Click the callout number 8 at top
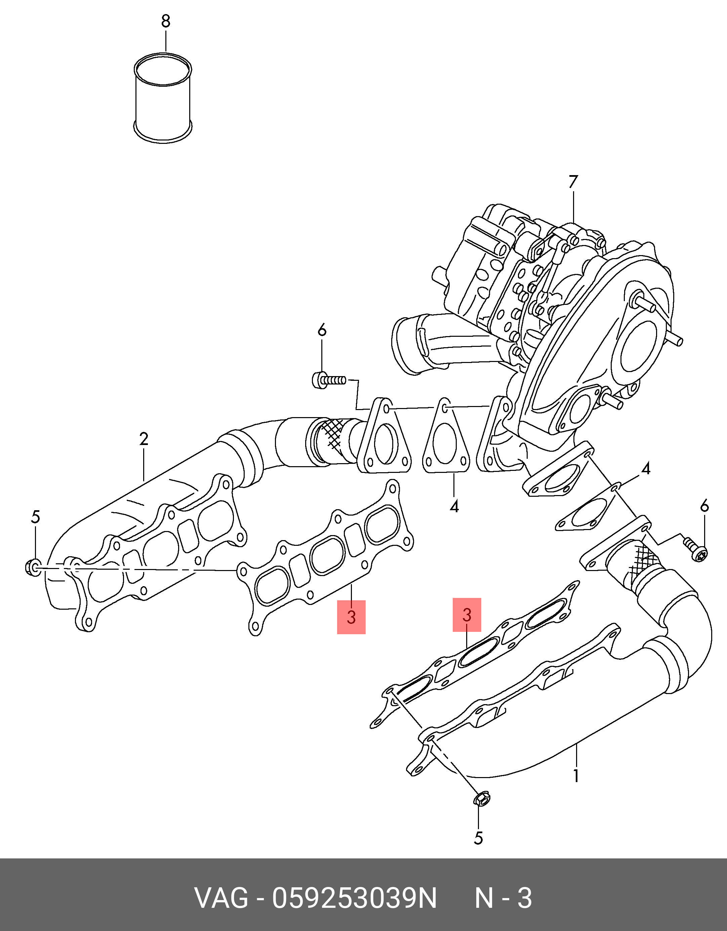point(166,21)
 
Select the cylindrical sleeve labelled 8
point(163,97)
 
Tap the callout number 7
point(573,182)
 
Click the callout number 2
point(144,439)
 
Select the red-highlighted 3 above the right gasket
point(467,615)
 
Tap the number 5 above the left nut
point(35,517)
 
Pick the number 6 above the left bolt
point(322,330)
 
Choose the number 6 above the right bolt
point(704,507)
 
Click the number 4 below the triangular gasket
point(454,507)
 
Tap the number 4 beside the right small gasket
point(646,469)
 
